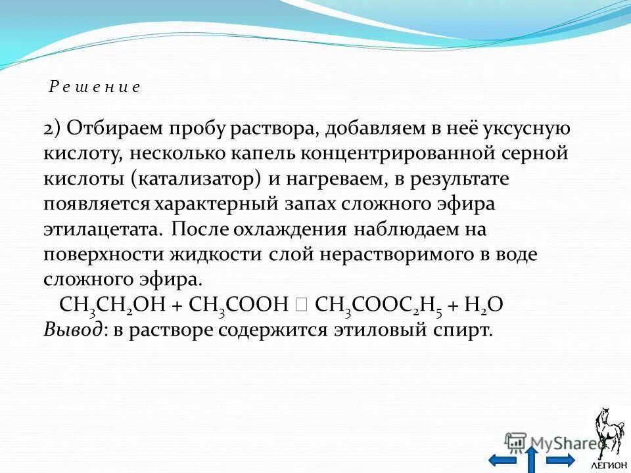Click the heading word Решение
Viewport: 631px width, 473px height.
coord(95,87)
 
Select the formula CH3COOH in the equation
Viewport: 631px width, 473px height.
coord(239,305)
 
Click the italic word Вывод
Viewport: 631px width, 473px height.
coord(72,330)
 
